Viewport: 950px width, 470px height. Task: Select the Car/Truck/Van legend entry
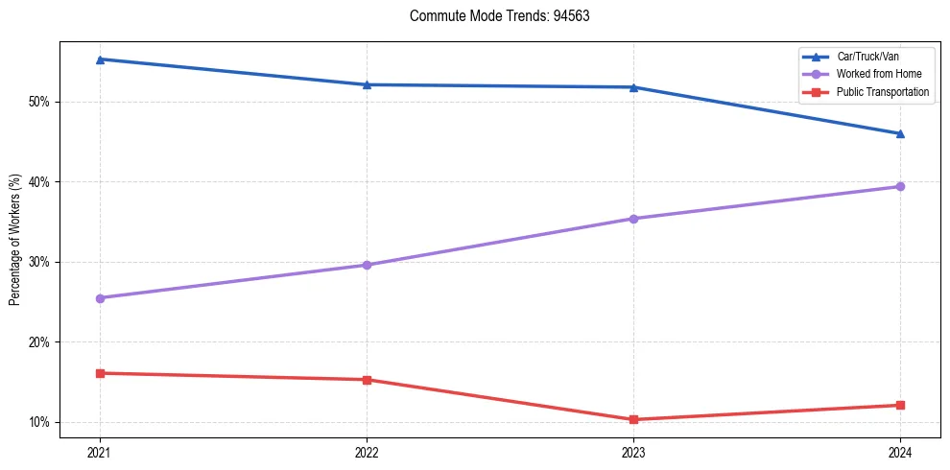coord(868,57)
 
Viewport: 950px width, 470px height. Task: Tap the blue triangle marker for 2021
coord(100,59)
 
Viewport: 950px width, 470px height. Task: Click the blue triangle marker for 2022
coord(367,84)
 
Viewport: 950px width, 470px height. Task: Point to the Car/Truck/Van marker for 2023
coord(633,87)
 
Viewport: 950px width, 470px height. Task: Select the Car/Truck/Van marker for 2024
coord(900,133)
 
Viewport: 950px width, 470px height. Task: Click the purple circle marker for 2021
coord(100,298)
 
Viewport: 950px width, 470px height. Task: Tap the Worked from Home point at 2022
coord(367,265)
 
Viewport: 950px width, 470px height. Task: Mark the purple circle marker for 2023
coord(633,219)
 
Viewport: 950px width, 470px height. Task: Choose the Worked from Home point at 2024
coord(900,186)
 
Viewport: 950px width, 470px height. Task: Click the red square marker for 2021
coord(100,373)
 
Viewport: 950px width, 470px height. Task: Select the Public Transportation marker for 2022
coord(367,380)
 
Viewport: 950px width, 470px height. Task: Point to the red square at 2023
coord(633,419)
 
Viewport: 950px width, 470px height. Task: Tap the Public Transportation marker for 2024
coord(900,405)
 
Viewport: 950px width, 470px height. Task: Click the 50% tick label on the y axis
coord(39,102)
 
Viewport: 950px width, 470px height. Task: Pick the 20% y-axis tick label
coord(39,342)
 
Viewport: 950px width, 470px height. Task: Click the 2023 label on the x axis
coord(633,452)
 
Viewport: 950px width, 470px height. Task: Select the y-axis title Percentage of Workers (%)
coord(14,240)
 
